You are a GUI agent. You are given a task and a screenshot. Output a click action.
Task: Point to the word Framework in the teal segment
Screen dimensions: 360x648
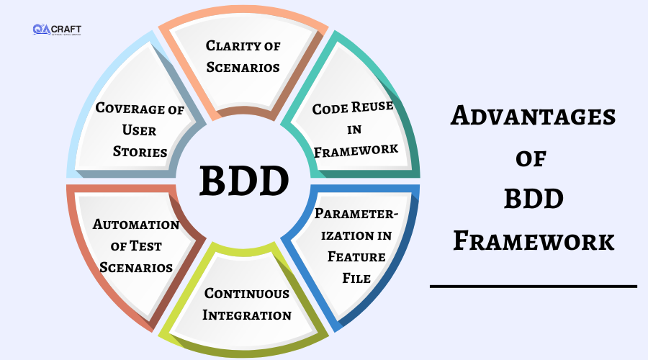[356, 150]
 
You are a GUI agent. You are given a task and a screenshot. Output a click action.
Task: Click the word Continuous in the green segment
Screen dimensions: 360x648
[247, 294]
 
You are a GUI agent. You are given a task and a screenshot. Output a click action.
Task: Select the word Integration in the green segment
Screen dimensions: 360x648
[247, 315]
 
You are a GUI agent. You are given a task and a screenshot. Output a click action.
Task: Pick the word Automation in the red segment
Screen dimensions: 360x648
[136, 225]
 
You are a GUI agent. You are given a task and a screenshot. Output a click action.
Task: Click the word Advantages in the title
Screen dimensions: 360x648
[533, 116]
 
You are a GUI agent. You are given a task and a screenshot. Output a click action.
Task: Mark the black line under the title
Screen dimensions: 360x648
[534, 287]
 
